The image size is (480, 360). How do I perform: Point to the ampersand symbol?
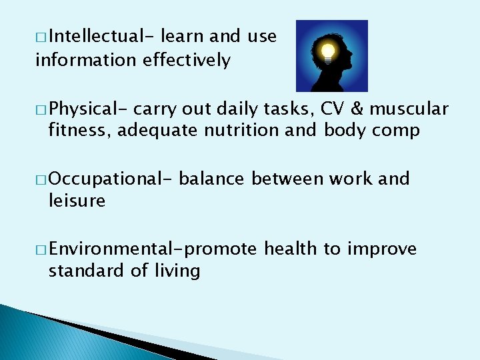click(360, 109)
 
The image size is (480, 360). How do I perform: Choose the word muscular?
click(411, 109)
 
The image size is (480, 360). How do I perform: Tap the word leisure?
click(77, 201)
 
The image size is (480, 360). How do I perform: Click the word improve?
click(381, 249)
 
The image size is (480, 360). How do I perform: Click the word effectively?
click(187, 60)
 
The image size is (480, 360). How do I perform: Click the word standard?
click(85, 271)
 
